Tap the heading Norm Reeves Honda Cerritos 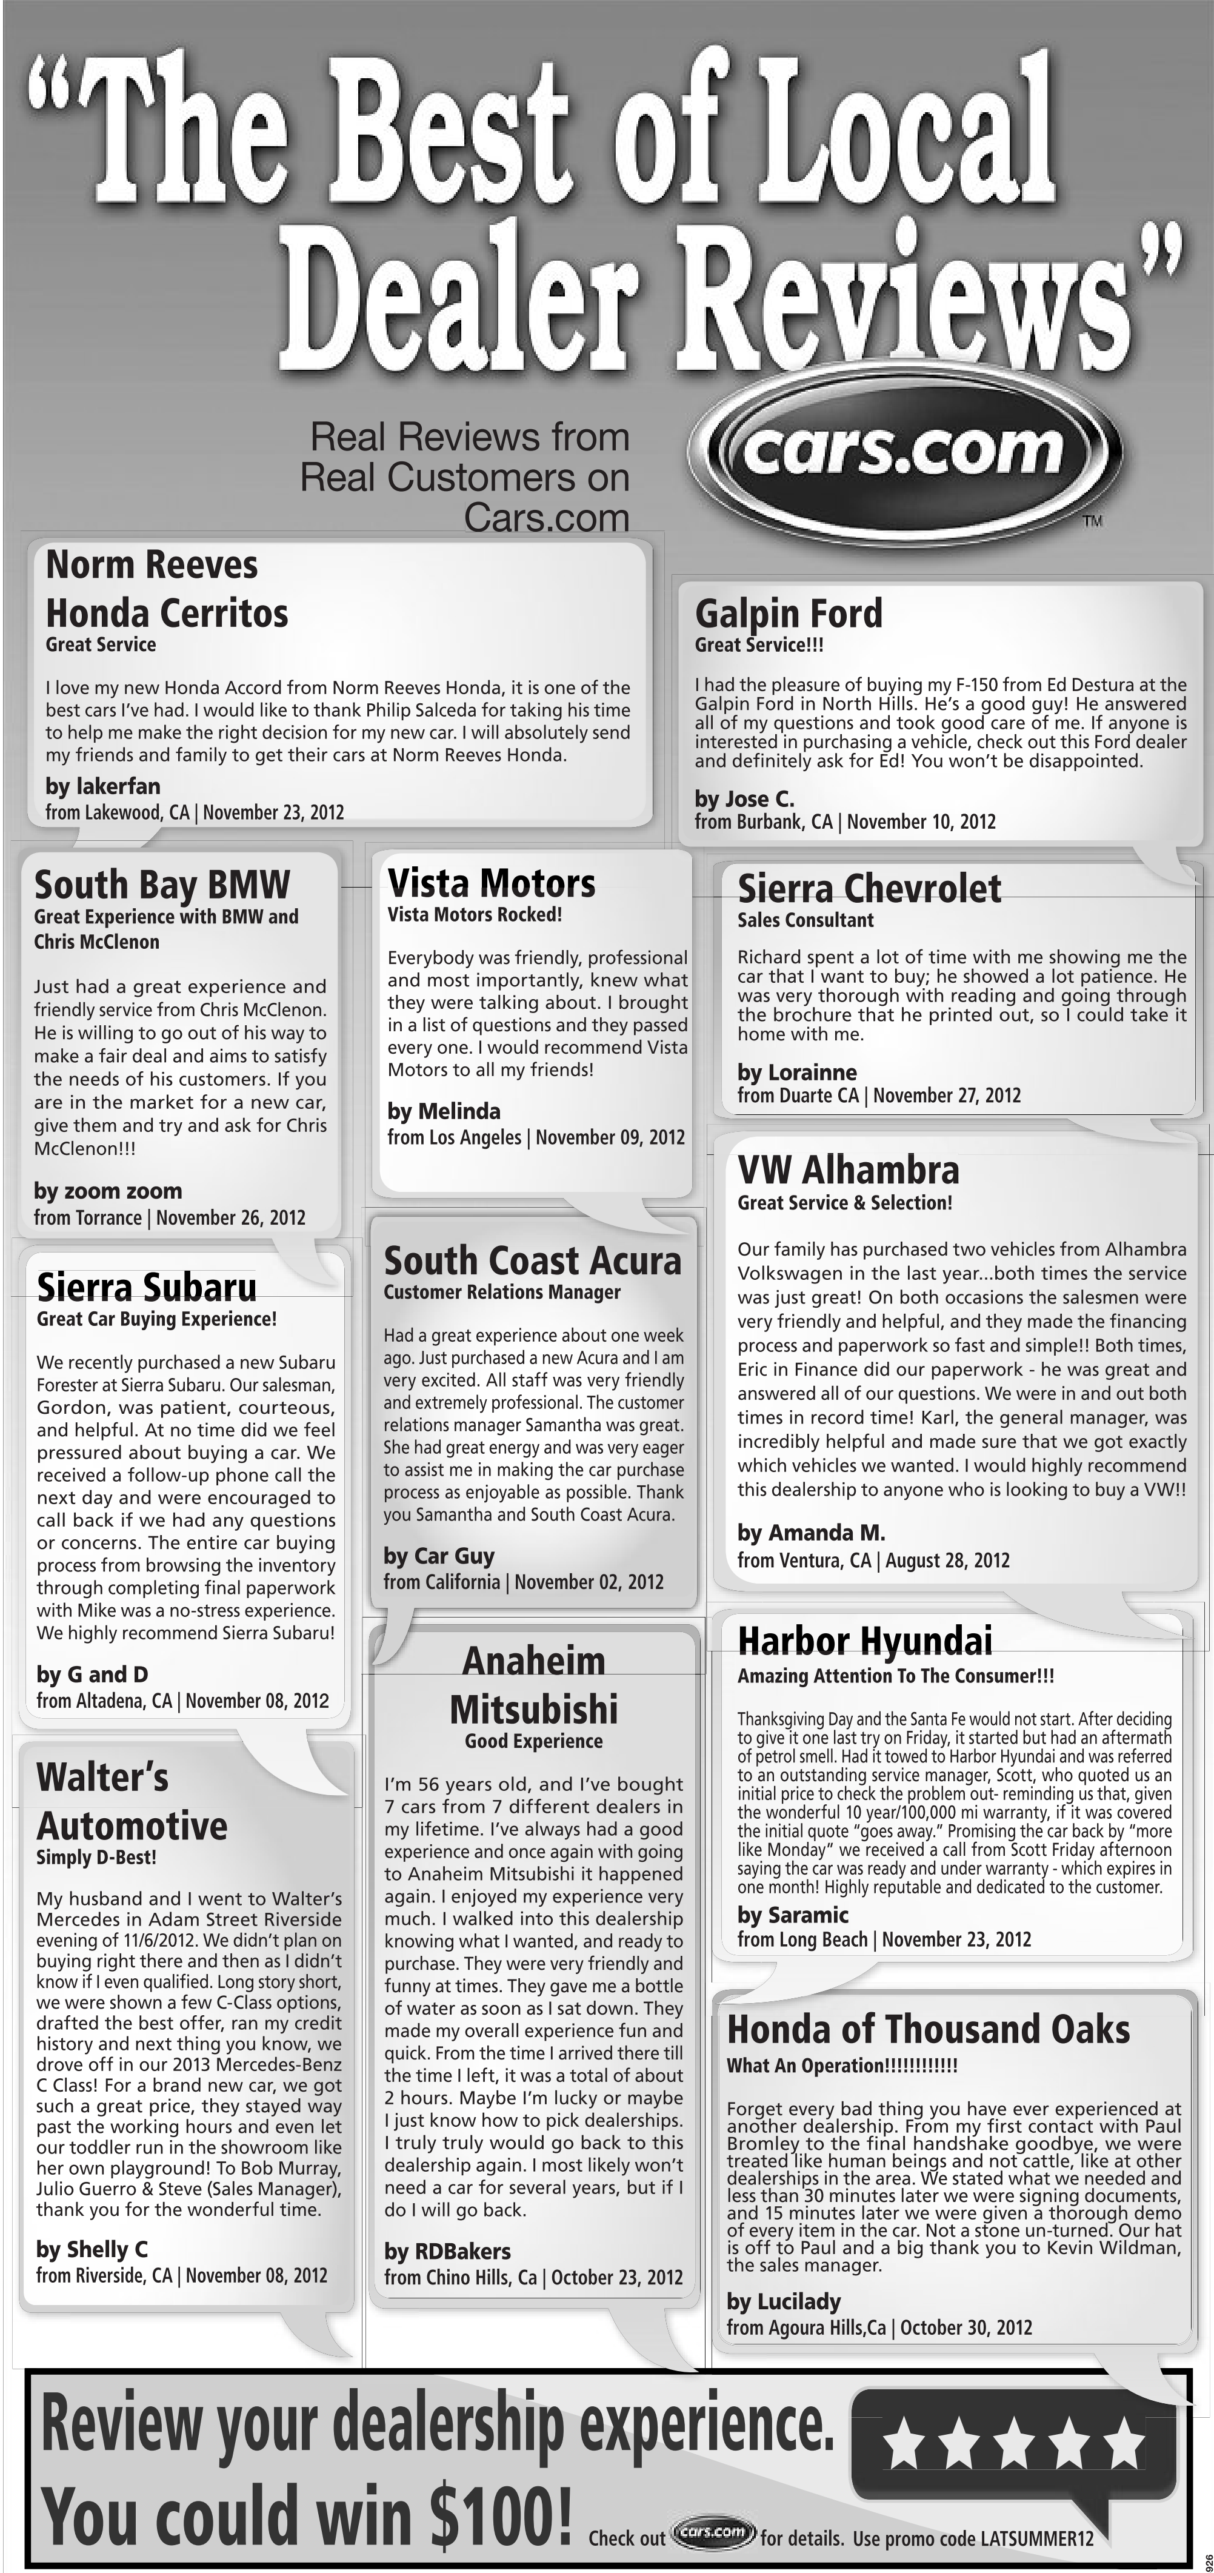click(167, 589)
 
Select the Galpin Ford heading click(789, 614)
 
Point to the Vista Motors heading click(491, 883)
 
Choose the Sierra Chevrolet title click(869, 888)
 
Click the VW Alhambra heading click(847, 1169)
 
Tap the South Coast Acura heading click(532, 1260)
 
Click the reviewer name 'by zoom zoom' click(108, 1191)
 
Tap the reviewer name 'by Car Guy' click(439, 1555)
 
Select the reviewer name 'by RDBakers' click(447, 2252)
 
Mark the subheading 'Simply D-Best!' click(96, 1858)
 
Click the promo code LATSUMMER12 click(1036, 2538)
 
